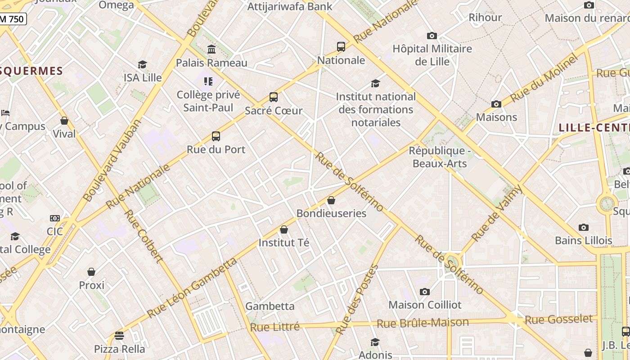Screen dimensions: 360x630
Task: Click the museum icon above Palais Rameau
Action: coord(211,49)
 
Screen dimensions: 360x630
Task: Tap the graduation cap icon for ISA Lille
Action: coord(143,64)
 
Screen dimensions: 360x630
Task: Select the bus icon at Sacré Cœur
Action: coord(273,97)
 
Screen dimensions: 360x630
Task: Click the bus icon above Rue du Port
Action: coord(216,136)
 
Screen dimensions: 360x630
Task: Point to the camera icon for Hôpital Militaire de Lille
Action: coord(432,36)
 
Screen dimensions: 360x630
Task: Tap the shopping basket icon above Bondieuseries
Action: coord(331,200)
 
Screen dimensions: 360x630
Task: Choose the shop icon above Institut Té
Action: coord(284,229)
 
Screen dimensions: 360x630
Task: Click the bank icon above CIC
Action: coord(55,218)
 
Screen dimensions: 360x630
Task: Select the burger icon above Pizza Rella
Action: coord(119,336)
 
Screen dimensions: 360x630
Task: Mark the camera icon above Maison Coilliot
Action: coord(424,292)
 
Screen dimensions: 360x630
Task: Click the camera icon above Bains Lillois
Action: coord(584,227)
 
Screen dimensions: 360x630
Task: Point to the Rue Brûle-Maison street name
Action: coord(423,323)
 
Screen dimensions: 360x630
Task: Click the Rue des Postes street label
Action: coord(357,300)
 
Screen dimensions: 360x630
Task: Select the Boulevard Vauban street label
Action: coord(112,161)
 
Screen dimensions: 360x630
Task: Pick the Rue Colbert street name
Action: coord(143,236)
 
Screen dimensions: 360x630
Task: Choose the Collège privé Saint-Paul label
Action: coord(208,101)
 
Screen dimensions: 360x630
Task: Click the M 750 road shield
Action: coord(13,19)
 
